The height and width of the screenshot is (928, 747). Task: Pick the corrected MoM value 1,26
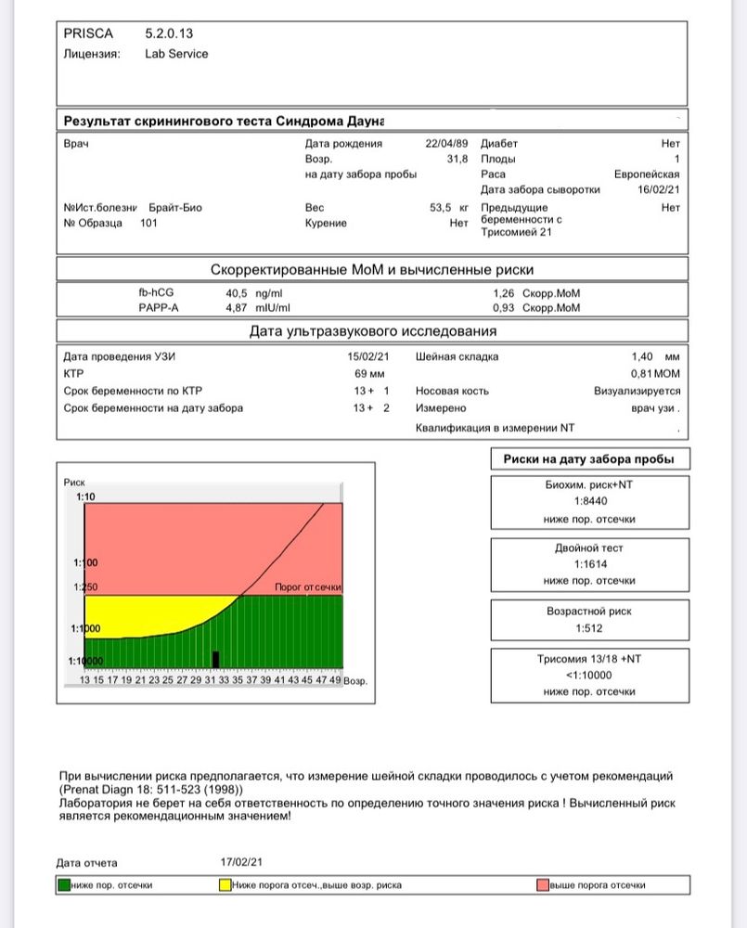tap(505, 292)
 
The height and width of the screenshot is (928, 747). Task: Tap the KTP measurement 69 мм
tap(369, 373)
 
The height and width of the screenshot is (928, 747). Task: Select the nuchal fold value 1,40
tap(643, 356)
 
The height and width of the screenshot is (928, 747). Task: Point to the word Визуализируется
tap(637, 392)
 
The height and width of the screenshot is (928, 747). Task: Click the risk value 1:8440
tap(589, 502)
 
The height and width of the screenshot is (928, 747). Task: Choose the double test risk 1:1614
tap(589, 564)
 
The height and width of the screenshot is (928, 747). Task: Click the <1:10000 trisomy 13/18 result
tap(589, 675)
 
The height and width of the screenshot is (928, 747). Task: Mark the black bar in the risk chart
tap(215, 660)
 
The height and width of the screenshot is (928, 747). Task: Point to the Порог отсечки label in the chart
tap(308, 587)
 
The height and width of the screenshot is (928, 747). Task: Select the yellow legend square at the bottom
tap(225, 885)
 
